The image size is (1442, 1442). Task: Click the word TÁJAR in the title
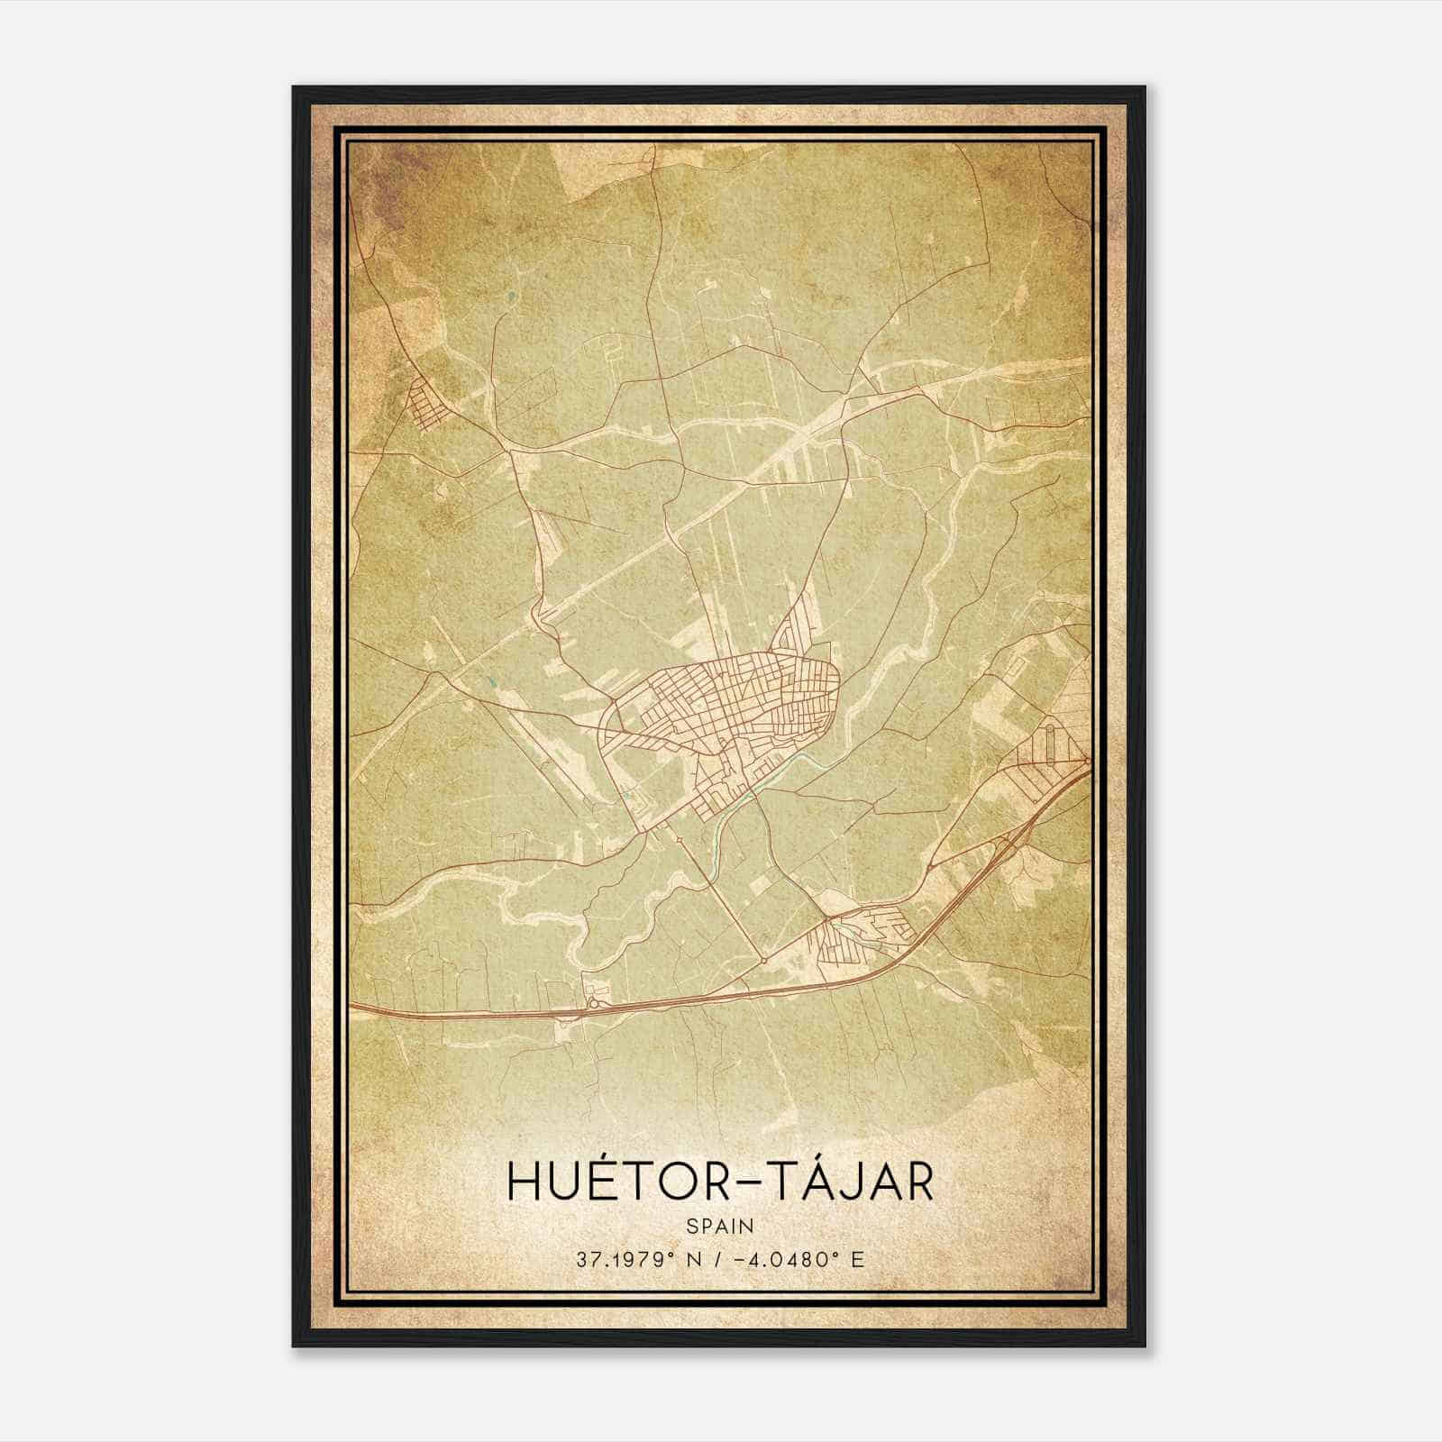(846, 1182)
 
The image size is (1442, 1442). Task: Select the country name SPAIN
(721, 1226)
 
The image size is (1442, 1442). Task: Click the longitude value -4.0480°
(792, 1259)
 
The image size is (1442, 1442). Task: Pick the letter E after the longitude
(858, 1259)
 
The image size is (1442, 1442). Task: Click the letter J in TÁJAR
(839, 1182)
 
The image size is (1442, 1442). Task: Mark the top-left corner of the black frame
(294, 87)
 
